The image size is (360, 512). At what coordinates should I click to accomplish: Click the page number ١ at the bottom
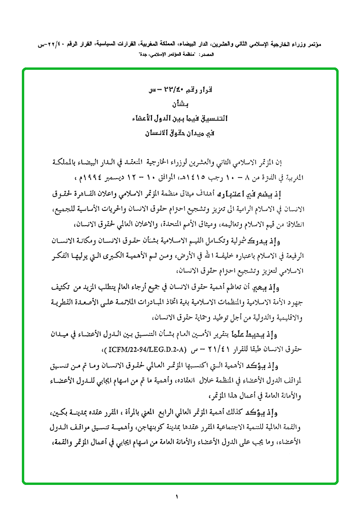(x=176, y=497)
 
